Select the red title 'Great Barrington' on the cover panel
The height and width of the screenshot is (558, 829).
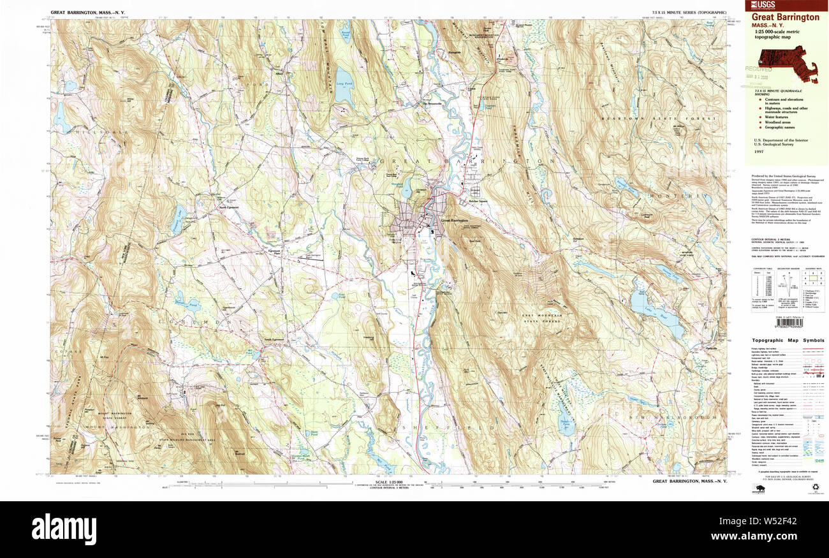point(785,17)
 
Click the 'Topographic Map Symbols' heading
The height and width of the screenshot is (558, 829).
point(786,341)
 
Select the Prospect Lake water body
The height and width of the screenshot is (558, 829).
point(175,220)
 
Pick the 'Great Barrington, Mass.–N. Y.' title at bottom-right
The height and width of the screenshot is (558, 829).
point(689,481)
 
